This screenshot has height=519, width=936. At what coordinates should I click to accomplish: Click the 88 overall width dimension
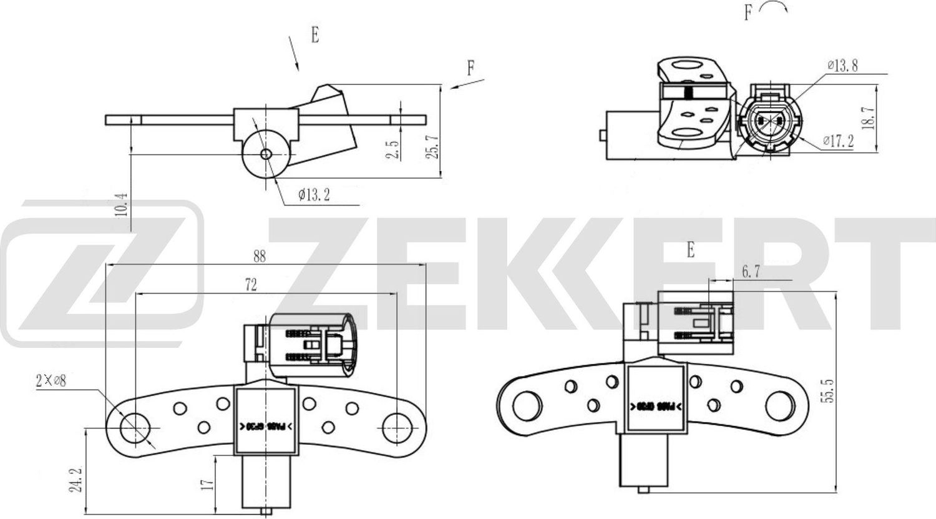(x=259, y=257)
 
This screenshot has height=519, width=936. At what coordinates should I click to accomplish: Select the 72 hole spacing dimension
(x=251, y=285)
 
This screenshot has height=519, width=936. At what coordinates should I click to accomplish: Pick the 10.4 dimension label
(x=122, y=204)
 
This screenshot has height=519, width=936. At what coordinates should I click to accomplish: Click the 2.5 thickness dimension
(x=392, y=150)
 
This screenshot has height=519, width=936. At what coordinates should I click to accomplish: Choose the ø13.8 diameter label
(x=842, y=66)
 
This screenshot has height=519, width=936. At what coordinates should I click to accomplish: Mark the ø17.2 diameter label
(x=837, y=141)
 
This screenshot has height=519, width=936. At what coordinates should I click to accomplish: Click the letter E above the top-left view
(x=315, y=35)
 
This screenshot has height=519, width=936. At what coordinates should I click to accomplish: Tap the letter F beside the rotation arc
(x=748, y=12)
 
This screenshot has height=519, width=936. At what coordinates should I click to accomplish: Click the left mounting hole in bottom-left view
(x=132, y=428)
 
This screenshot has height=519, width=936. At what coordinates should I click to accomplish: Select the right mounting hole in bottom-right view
(x=779, y=406)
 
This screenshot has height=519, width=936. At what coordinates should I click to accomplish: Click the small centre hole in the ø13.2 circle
(x=266, y=154)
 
